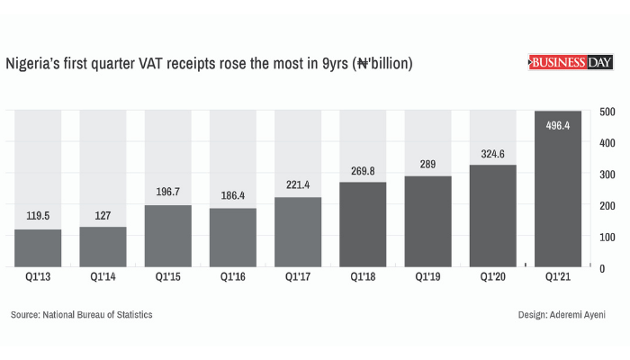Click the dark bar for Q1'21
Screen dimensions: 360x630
(x=558, y=189)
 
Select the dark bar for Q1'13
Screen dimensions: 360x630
(x=38, y=248)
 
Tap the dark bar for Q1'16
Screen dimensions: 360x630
(x=233, y=238)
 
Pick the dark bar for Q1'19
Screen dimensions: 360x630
(x=428, y=221)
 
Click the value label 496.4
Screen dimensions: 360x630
(x=558, y=125)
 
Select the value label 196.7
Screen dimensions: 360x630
(x=168, y=192)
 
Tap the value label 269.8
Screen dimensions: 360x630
(x=364, y=169)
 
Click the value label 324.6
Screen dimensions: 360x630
(x=493, y=152)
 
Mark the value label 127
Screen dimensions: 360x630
(x=103, y=214)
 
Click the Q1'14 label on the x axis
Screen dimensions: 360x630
(x=103, y=278)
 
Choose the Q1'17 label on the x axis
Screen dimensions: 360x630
(x=298, y=278)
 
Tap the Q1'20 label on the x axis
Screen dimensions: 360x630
(x=493, y=278)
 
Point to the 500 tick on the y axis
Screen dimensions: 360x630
(x=607, y=111)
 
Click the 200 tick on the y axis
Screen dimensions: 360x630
(x=607, y=205)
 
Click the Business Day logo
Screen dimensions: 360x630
(x=570, y=62)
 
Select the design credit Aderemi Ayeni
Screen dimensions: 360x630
(x=563, y=315)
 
